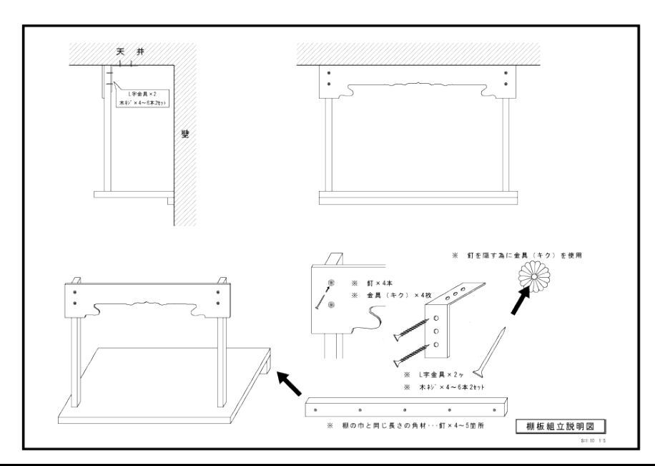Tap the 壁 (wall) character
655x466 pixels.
(x=185, y=135)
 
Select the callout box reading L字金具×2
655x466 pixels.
(x=139, y=98)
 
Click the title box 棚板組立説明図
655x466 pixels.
(x=569, y=427)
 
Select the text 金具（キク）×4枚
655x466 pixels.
(x=390, y=296)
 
